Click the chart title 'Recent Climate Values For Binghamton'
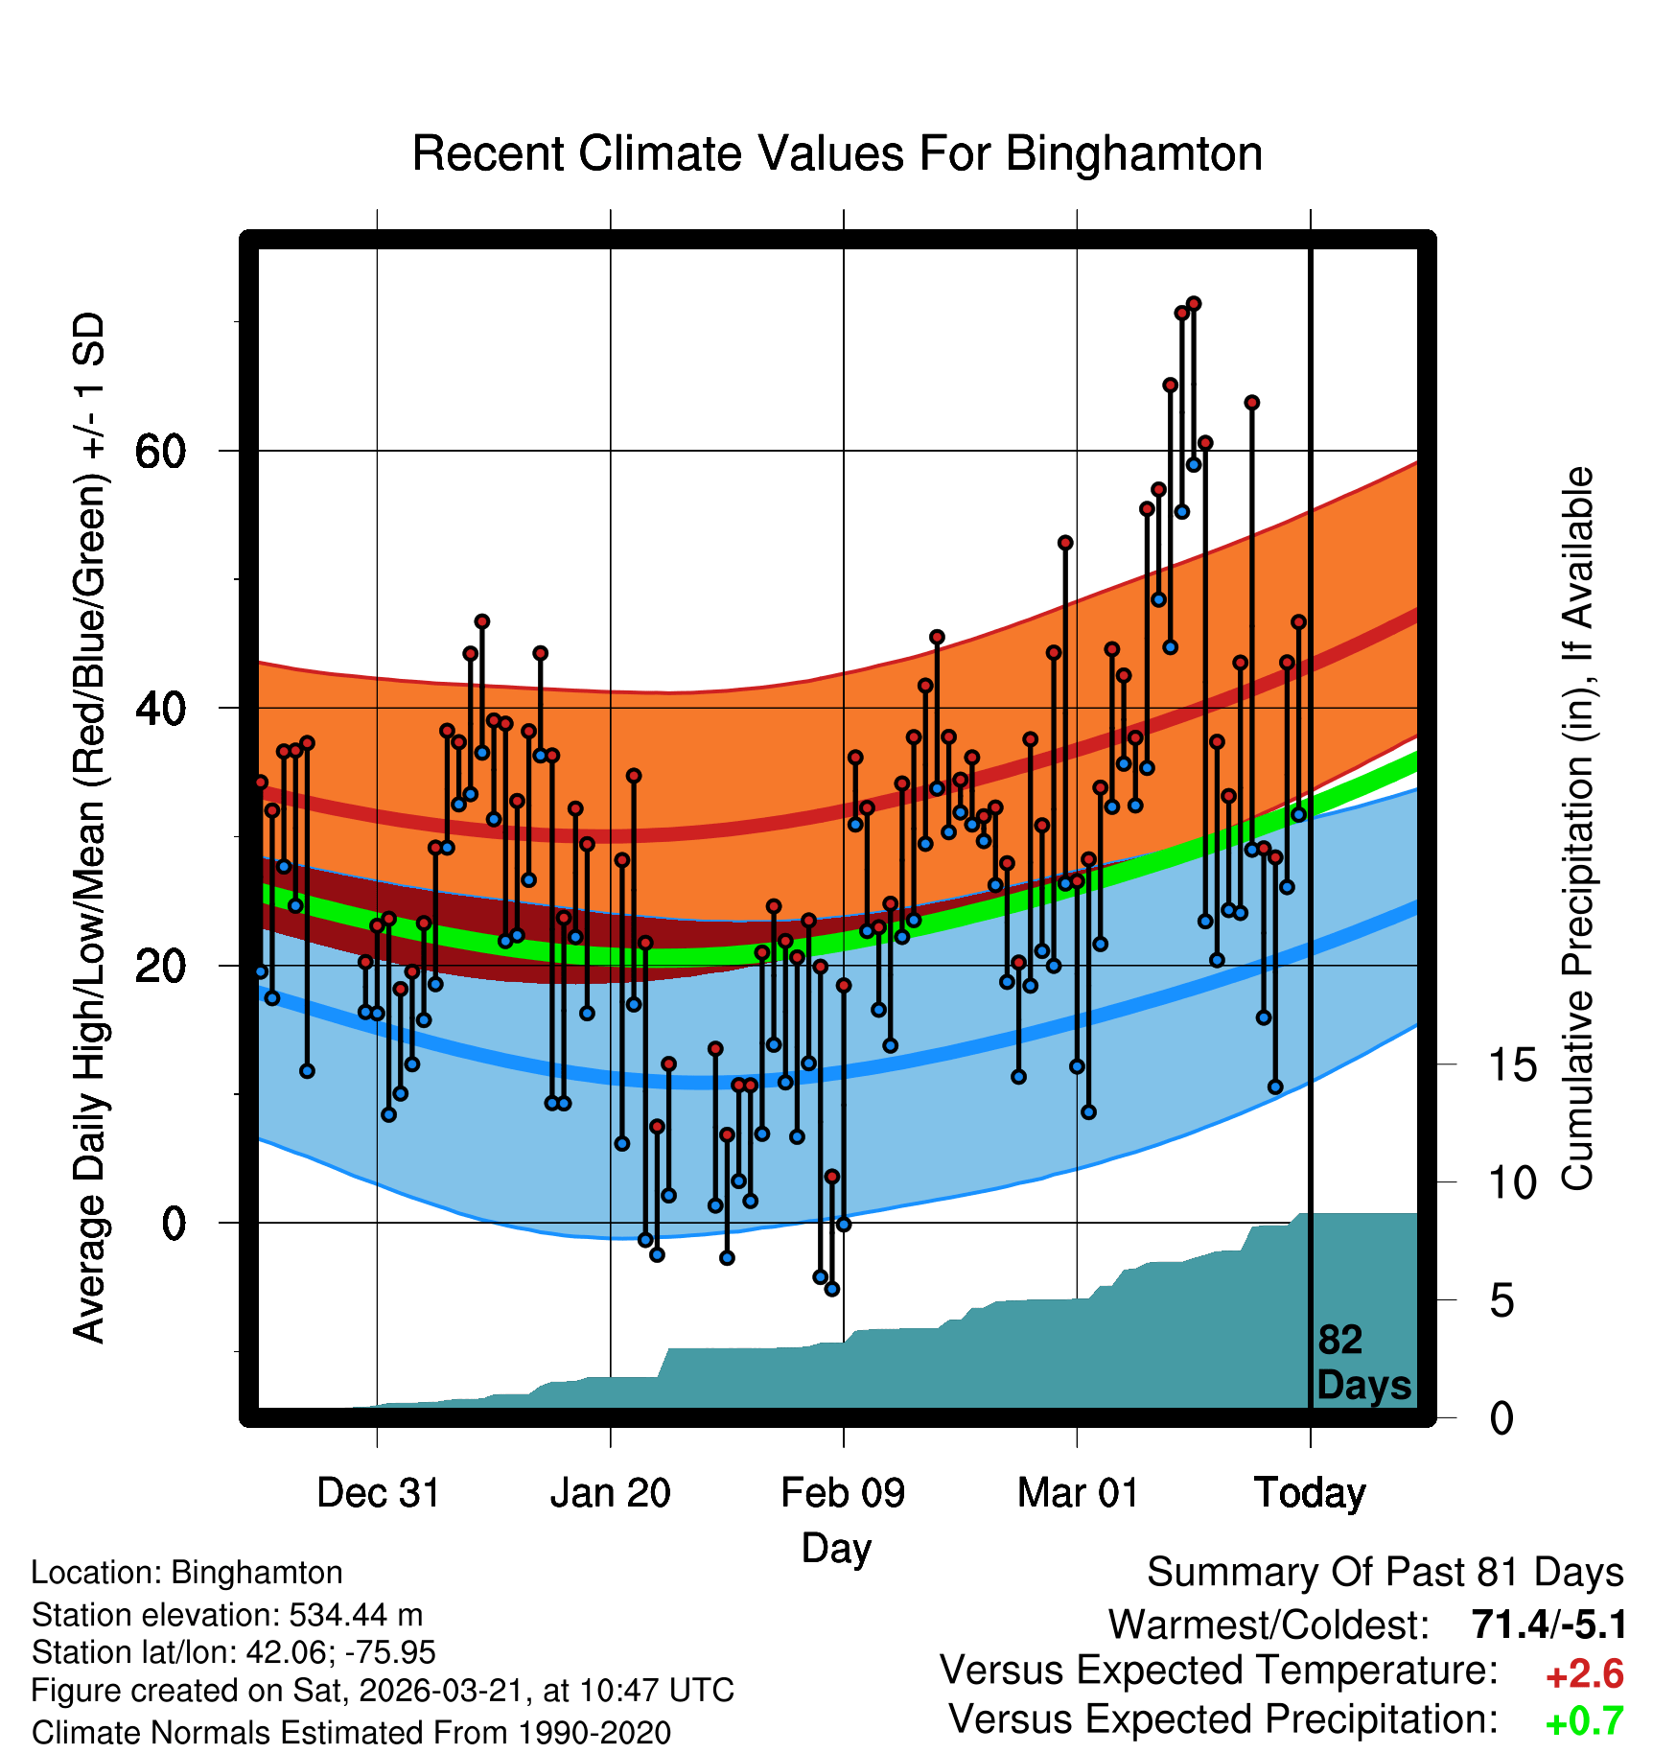click(x=837, y=153)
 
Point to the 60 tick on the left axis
click(x=160, y=451)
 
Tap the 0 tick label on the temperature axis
click(x=174, y=1224)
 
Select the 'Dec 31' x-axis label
click(x=378, y=1493)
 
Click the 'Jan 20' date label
click(x=611, y=1493)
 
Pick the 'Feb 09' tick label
click(x=843, y=1493)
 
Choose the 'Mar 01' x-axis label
click(x=1078, y=1493)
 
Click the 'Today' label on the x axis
click(x=1310, y=1493)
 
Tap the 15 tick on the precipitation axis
click(x=1512, y=1065)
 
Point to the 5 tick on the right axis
click(x=1501, y=1301)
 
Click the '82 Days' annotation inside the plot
click(x=1362, y=1363)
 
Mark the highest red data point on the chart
click(x=1194, y=304)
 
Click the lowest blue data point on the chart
click(x=832, y=1289)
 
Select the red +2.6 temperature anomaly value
click(x=1585, y=1674)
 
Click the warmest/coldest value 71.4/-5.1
click(x=1548, y=1624)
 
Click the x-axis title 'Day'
click(x=837, y=1548)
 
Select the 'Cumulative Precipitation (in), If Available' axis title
click(x=1577, y=829)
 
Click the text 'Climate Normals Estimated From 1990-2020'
click(x=351, y=1733)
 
